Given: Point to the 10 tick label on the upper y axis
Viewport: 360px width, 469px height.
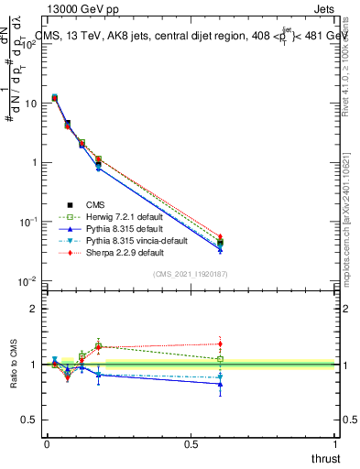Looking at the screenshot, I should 30,104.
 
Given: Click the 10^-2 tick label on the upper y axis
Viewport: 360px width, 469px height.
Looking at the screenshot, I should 28,280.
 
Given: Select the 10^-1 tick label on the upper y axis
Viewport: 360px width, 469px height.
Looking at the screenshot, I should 28,222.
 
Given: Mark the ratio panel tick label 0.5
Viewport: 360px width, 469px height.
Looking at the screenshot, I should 30,420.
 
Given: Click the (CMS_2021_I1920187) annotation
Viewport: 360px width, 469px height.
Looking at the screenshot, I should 190,274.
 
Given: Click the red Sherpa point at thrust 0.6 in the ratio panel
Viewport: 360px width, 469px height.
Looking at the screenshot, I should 220,344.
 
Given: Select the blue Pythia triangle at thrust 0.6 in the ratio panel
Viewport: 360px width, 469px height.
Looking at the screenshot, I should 220,384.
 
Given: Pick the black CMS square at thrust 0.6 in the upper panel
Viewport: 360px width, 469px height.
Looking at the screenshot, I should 220,244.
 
